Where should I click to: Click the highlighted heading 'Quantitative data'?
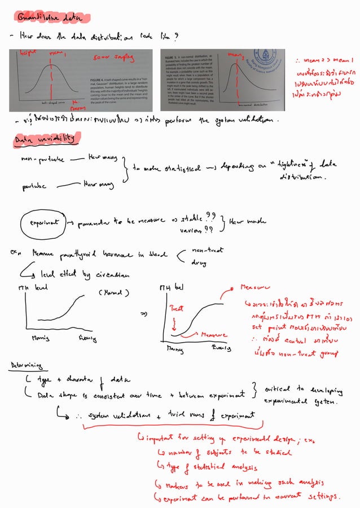(x=54, y=17)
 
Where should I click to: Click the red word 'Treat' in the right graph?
(x=176, y=309)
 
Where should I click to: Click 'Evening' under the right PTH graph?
(x=221, y=348)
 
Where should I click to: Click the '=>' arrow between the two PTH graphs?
(x=143, y=313)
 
